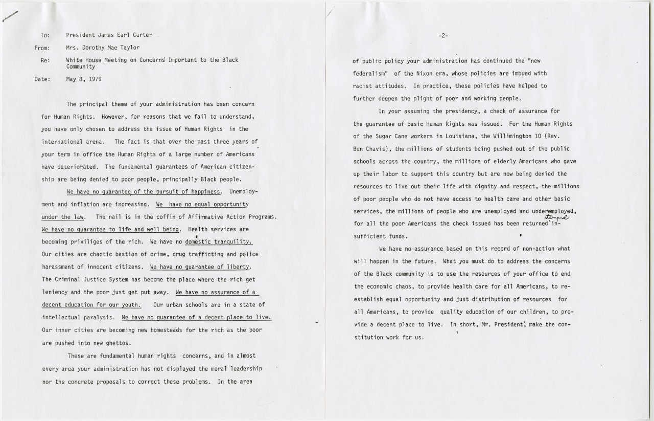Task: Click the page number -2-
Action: [x=443, y=36]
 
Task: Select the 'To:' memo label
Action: [x=44, y=36]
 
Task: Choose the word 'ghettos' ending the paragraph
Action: [x=118, y=343]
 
